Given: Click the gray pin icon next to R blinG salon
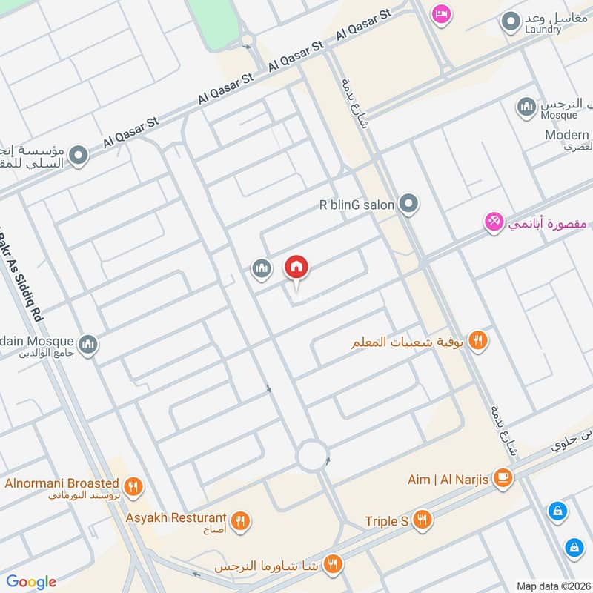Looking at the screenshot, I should click(408, 203).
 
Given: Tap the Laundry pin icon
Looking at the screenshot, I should click(509, 22).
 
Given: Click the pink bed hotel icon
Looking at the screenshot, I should click(442, 14).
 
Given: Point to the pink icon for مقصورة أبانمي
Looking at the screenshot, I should click(494, 222).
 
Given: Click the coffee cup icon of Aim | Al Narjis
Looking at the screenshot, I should click(503, 479).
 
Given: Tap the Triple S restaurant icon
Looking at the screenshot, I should click(423, 521).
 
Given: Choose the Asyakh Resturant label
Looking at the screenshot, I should click(176, 517).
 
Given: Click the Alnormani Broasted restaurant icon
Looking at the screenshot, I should click(133, 487).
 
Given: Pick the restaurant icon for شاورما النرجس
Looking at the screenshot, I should click(333, 564).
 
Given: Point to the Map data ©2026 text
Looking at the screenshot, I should click(552, 586).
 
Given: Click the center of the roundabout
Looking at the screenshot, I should click(312, 455).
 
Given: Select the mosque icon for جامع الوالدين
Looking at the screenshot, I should click(88, 345).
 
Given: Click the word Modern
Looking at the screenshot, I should click(567, 135).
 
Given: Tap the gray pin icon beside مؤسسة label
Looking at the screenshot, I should click(79, 156).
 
